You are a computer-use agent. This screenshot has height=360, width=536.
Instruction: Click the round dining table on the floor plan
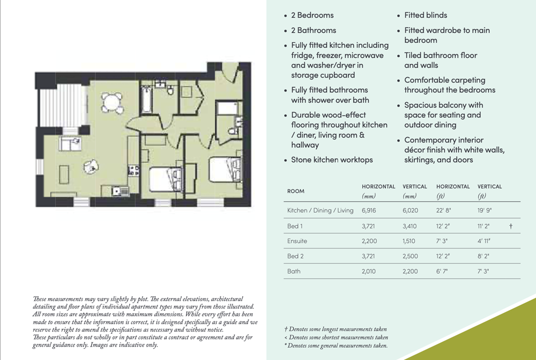click(x=112, y=102)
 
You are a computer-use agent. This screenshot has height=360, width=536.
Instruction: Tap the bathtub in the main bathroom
click(x=146, y=100)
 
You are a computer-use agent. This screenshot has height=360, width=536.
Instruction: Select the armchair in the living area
click(x=91, y=167)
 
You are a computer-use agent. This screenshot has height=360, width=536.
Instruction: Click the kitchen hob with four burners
click(x=133, y=170)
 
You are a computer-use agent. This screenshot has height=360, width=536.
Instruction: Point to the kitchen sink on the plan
click(x=120, y=191)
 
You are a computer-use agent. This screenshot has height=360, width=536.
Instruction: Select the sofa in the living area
click(x=70, y=144)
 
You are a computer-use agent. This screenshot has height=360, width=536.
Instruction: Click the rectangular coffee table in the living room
click(x=64, y=175)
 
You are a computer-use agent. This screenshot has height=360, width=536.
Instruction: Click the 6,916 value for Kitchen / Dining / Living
click(x=369, y=211)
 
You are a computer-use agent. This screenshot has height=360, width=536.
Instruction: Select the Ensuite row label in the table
click(x=297, y=241)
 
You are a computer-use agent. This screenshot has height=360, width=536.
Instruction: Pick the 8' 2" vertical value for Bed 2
click(x=483, y=256)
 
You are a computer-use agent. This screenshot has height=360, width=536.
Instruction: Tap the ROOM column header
click(x=296, y=191)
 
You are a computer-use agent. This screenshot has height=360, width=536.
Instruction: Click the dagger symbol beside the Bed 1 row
click(x=511, y=226)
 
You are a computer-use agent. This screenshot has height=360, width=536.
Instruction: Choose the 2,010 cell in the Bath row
click(x=369, y=271)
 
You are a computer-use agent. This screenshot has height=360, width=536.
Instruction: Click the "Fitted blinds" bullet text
click(x=426, y=15)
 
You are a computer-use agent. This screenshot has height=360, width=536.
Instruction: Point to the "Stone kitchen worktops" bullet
click(x=332, y=160)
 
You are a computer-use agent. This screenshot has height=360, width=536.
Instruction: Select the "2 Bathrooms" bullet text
click(x=314, y=30)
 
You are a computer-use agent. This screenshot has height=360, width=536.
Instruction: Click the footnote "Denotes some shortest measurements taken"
click(x=338, y=337)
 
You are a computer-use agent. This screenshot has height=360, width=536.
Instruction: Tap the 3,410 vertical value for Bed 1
click(x=410, y=226)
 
